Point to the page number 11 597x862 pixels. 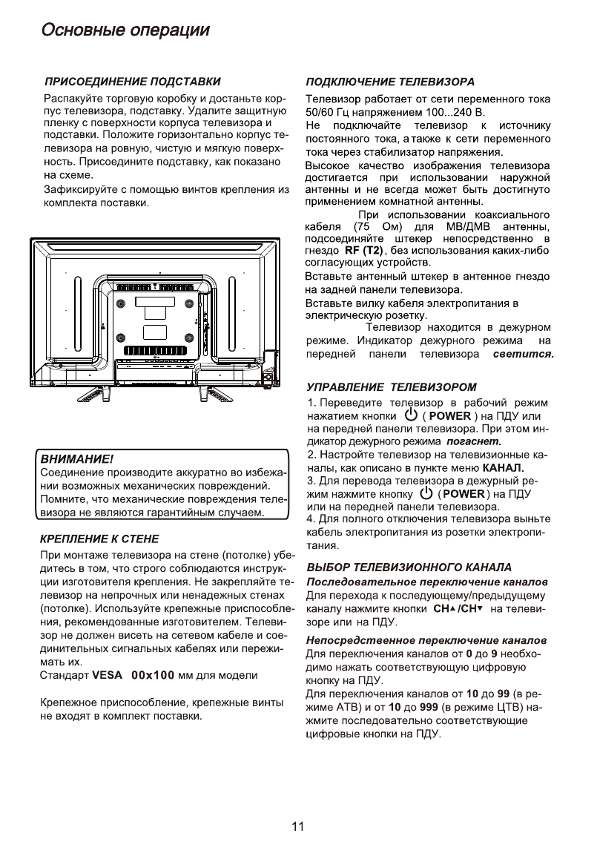click(298, 827)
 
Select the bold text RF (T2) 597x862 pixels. click(358, 251)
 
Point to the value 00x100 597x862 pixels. click(152, 676)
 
